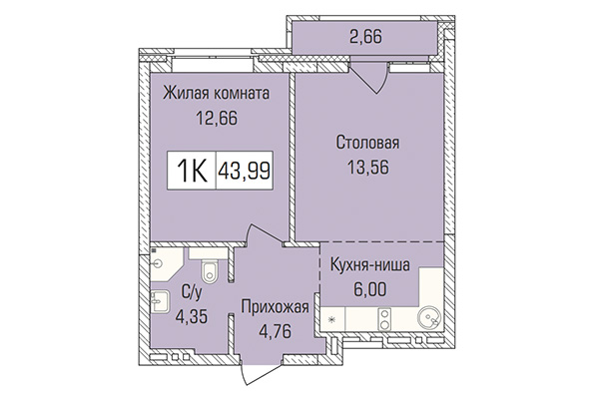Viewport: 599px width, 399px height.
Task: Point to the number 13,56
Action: pyautogui.click(x=365, y=168)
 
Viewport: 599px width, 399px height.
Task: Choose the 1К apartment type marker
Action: pyautogui.click(x=191, y=174)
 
